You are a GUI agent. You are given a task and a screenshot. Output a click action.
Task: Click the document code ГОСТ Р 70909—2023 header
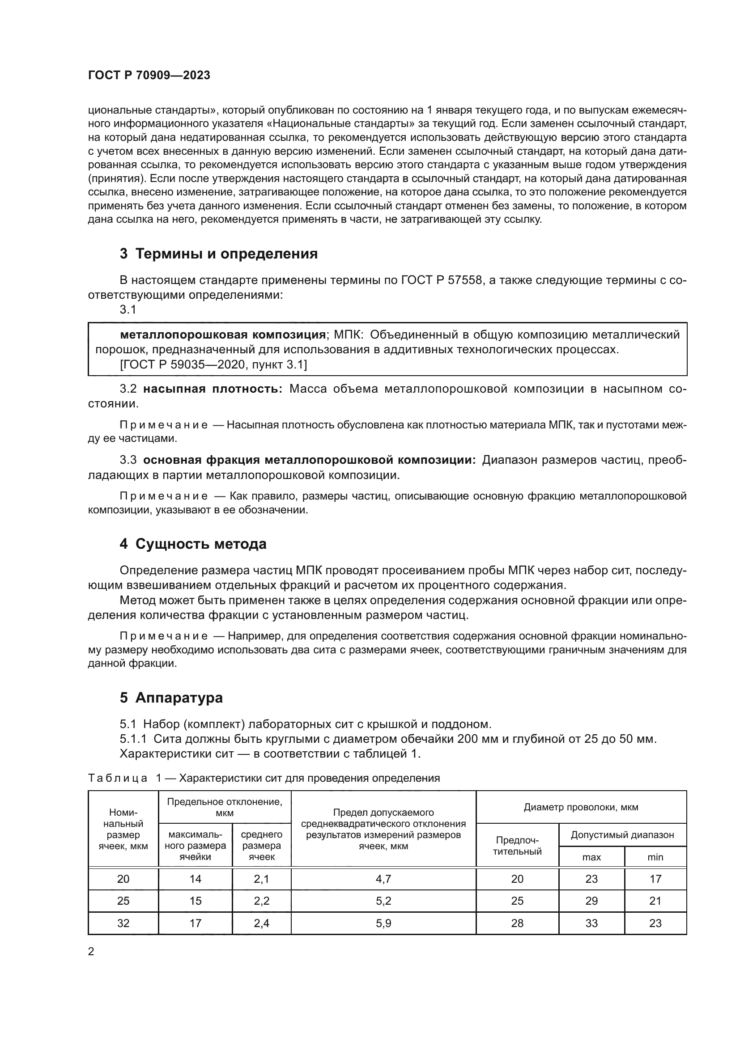point(149,76)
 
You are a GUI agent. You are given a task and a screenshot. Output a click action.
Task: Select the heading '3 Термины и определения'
point(219,254)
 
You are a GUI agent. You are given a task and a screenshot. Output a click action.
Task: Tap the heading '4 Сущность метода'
point(193,544)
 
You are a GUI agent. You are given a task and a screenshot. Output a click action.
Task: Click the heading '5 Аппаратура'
point(171,698)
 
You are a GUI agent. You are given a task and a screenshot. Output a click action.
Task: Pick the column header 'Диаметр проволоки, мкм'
point(581,807)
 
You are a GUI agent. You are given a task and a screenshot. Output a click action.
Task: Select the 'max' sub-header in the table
point(591,857)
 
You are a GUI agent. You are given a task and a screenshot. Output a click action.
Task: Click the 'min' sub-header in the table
point(655,857)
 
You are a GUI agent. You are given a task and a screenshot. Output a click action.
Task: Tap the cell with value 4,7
point(383,879)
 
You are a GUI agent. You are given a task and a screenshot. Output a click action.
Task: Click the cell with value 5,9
point(383,923)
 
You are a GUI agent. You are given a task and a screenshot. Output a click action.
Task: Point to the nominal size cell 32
point(123,923)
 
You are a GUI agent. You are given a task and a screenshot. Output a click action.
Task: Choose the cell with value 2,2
point(262,901)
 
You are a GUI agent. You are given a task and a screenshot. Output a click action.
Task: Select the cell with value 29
point(591,901)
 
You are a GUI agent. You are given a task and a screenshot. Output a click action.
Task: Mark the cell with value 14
point(196,879)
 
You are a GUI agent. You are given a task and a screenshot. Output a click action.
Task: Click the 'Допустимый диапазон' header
point(622,835)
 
